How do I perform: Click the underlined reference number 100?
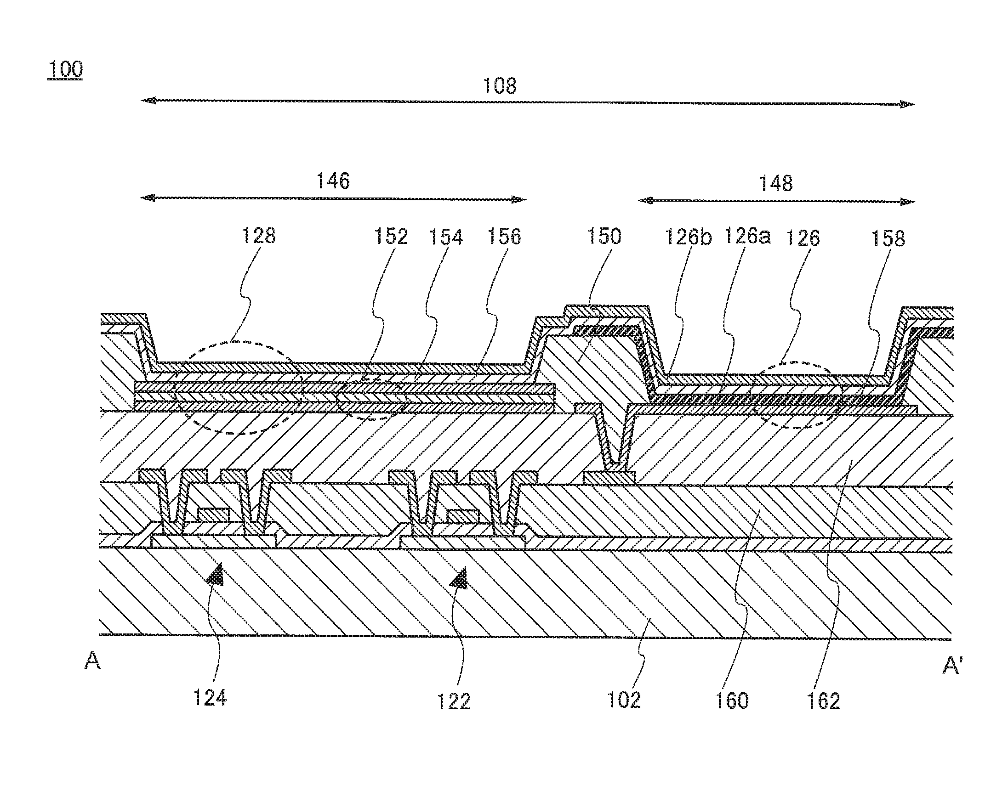65,70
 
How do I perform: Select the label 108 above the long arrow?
499,86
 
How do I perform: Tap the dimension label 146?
333,181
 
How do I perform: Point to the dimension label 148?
775,183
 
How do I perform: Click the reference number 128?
258,236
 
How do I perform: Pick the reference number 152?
391,237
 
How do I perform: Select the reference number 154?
446,237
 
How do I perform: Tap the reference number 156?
504,237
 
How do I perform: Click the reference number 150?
604,237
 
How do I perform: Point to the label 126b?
688,237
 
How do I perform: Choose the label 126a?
746,237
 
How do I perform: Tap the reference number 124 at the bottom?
210,698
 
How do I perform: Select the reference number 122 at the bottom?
454,701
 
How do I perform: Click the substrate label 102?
624,700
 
